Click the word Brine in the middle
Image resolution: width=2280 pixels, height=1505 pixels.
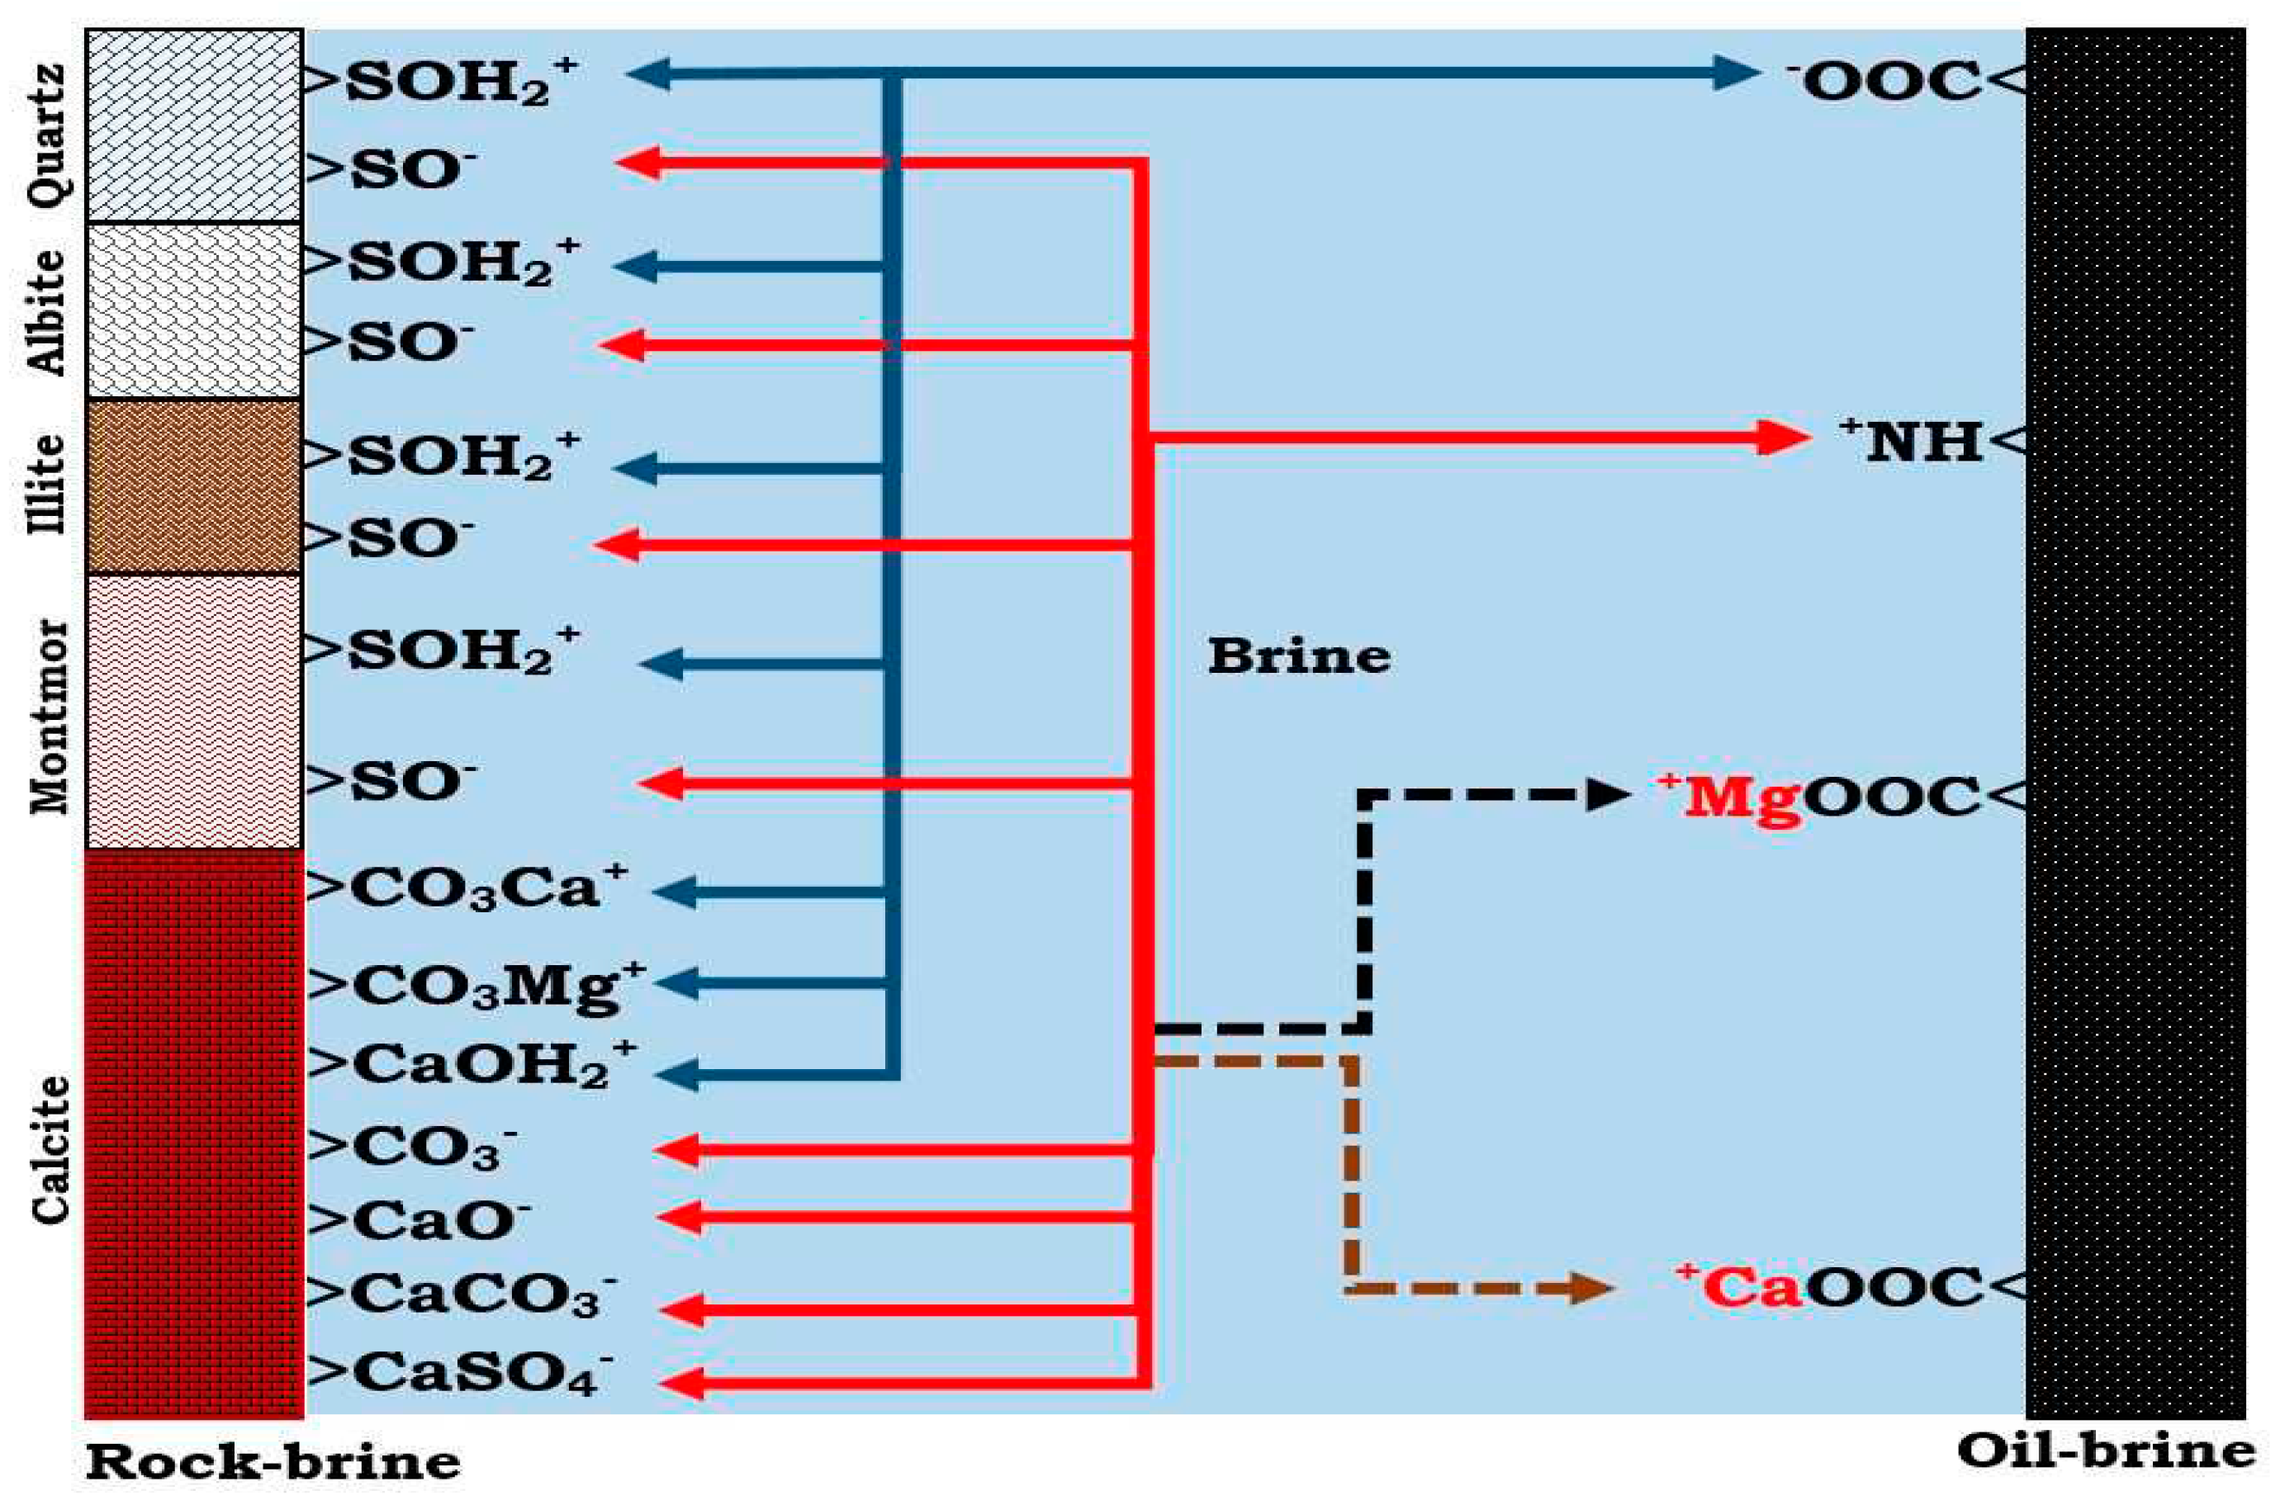(x=1298, y=657)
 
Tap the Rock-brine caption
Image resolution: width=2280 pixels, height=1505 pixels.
(x=273, y=1463)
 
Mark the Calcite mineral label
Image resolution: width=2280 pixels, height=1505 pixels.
(x=50, y=1149)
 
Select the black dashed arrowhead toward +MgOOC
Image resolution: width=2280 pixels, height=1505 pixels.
(x=1608, y=795)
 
